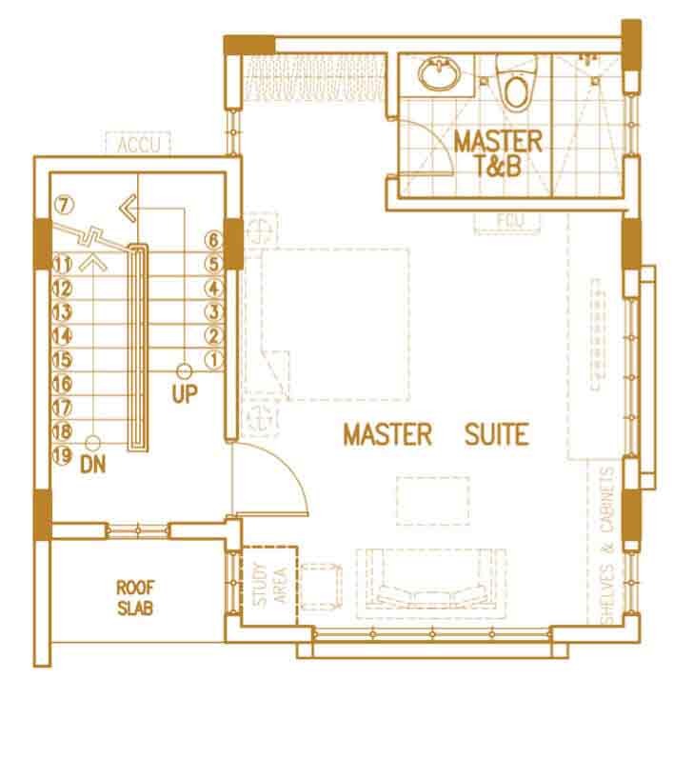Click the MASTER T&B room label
click(498, 153)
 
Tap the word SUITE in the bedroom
click(497, 434)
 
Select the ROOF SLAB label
click(135, 598)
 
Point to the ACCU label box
click(138, 144)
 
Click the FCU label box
click(506, 223)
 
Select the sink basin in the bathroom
click(439, 73)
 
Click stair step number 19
click(62, 455)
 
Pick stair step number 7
click(65, 206)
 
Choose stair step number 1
click(214, 360)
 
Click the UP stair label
click(185, 394)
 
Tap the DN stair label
click(93, 465)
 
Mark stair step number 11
click(62, 265)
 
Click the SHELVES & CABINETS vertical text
click(607, 545)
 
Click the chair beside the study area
click(321, 587)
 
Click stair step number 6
click(214, 240)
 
